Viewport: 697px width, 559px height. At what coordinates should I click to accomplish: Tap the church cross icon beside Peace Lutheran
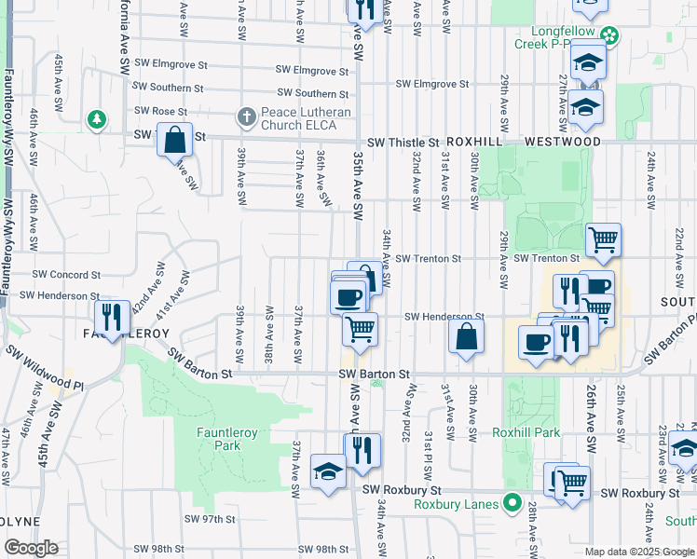[246, 116]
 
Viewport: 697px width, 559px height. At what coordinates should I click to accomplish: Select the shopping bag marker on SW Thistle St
[174, 141]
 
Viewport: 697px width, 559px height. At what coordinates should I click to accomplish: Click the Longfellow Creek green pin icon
[609, 36]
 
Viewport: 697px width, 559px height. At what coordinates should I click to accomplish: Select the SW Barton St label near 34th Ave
[374, 374]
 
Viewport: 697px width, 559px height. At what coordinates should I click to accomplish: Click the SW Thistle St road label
[402, 143]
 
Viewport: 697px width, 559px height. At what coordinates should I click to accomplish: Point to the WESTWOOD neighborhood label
[563, 142]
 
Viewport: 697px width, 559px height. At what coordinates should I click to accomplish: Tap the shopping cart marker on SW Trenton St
[603, 240]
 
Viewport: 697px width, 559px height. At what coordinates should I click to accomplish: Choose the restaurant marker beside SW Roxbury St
[362, 450]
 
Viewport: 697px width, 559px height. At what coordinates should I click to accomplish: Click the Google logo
[31, 549]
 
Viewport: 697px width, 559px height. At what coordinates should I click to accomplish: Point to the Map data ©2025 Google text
[639, 552]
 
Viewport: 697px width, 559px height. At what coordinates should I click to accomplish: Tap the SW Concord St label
[66, 275]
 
